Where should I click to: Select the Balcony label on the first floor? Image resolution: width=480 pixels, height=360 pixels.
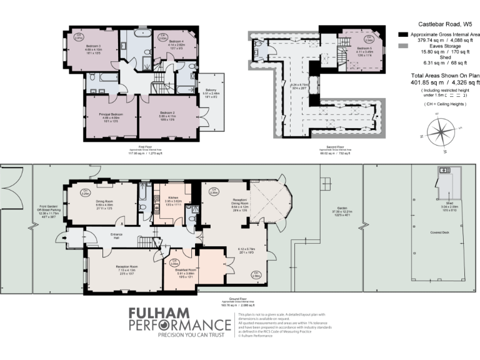(211, 90)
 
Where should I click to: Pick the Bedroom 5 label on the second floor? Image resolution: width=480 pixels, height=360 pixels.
(364, 47)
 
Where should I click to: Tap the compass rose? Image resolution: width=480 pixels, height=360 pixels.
(441, 133)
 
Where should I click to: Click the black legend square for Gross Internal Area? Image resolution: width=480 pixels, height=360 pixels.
(403, 34)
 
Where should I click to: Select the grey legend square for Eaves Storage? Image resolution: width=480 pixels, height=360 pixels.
(403, 47)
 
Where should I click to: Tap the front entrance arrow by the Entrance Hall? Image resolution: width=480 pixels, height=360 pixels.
(61, 238)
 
